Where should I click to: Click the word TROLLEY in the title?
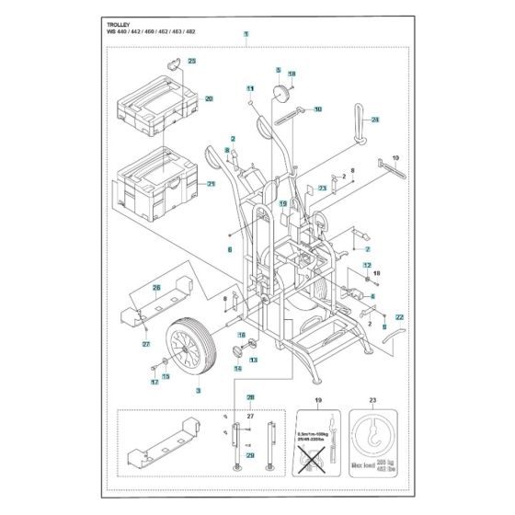point(109,23)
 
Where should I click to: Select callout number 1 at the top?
point(246,35)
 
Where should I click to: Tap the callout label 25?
point(192,61)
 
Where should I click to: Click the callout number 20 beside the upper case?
point(209,98)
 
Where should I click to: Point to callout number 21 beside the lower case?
point(211,183)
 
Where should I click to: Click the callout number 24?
point(374,120)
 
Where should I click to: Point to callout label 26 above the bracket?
point(156,288)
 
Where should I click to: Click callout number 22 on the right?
point(398,316)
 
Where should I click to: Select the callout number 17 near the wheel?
point(154,382)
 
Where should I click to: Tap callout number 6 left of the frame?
point(230,249)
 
